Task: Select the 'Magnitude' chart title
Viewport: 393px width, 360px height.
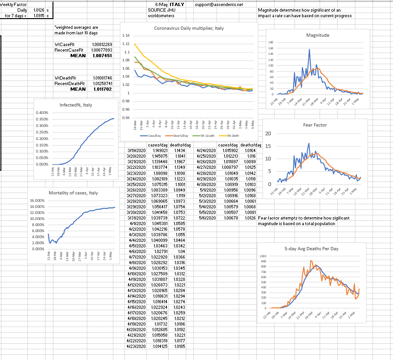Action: pos(318,35)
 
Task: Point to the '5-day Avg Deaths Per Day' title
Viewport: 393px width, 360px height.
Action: pos(311,249)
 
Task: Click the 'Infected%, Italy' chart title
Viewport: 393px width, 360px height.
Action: pos(76,105)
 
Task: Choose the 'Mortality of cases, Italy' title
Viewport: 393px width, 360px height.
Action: pos(73,193)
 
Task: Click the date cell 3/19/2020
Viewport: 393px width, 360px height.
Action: pos(136,151)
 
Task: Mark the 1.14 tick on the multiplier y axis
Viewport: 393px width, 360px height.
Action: pos(125,36)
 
